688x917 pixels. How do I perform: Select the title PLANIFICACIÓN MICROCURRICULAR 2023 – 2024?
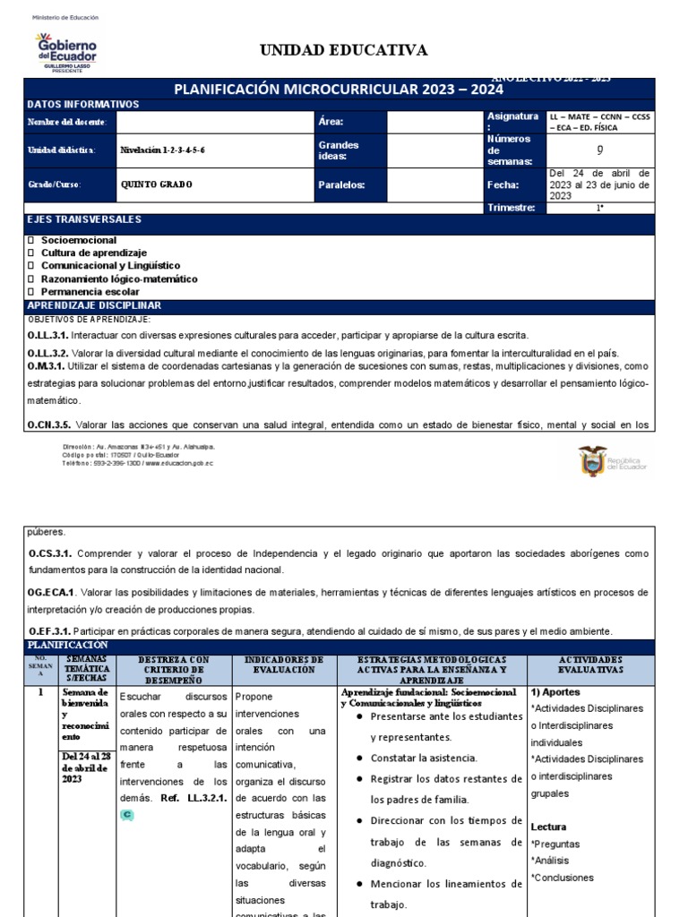click(339, 90)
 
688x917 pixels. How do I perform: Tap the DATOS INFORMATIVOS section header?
click(83, 105)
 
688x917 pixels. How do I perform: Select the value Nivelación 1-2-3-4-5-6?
click(162, 150)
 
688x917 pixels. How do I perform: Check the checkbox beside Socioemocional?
click(31, 241)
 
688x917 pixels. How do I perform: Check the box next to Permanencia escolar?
click(31, 292)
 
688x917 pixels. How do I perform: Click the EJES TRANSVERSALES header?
click(84, 219)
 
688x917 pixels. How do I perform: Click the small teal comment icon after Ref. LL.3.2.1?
click(126, 815)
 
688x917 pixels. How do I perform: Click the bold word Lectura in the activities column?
click(548, 827)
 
